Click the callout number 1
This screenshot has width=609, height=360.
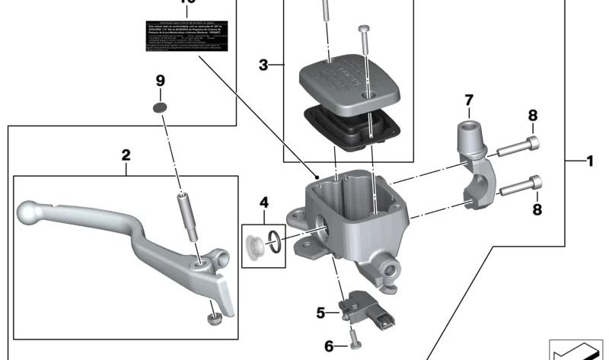589,161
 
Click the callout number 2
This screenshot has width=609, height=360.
126,155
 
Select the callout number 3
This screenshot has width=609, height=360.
263,65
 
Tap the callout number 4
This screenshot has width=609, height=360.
263,202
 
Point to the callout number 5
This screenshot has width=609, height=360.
321,311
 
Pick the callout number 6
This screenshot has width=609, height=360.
329,346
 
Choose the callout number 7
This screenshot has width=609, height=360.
469,100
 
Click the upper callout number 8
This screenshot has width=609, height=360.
533,116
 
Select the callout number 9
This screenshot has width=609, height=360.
160,81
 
